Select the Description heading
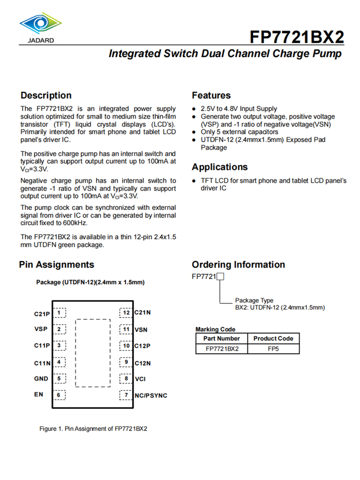point(46,96)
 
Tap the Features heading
point(211,96)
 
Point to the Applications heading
point(220,167)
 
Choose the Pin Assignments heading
point(57,264)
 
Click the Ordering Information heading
point(238,264)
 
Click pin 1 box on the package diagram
point(59,313)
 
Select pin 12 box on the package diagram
point(126,313)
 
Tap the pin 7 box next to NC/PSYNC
point(126,395)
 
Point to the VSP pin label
point(41,329)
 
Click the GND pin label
point(41,379)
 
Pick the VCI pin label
point(140,379)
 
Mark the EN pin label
point(38,395)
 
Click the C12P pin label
point(143,346)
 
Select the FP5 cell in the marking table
point(274,349)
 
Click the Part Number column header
point(222,338)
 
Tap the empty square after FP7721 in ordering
point(221,276)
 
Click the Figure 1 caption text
point(93,429)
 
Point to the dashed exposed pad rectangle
point(92,353)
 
